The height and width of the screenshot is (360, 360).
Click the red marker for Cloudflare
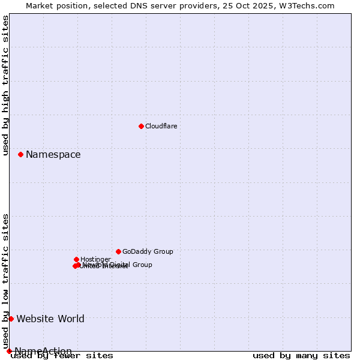[x=141, y=126]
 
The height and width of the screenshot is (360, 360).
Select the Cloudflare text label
[x=161, y=126]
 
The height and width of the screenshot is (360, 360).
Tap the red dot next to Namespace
[x=20, y=154]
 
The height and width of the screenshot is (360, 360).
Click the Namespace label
[x=53, y=155]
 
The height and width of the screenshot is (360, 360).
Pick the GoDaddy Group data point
[x=118, y=251]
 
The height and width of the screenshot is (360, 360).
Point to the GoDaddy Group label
[x=148, y=252]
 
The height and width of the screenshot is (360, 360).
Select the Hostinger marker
[x=76, y=259]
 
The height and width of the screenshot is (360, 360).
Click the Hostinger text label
[x=95, y=260]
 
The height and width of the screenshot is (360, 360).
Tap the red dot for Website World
[x=11, y=319]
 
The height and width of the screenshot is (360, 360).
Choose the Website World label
[x=50, y=319]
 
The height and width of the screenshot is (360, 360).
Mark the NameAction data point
[x=9, y=351]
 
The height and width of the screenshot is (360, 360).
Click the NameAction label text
[x=43, y=351]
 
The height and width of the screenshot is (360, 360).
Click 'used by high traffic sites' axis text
[x=6, y=85]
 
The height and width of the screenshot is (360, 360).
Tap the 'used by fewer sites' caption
[x=62, y=356]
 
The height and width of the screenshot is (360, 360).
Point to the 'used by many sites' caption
[x=301, y=356]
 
